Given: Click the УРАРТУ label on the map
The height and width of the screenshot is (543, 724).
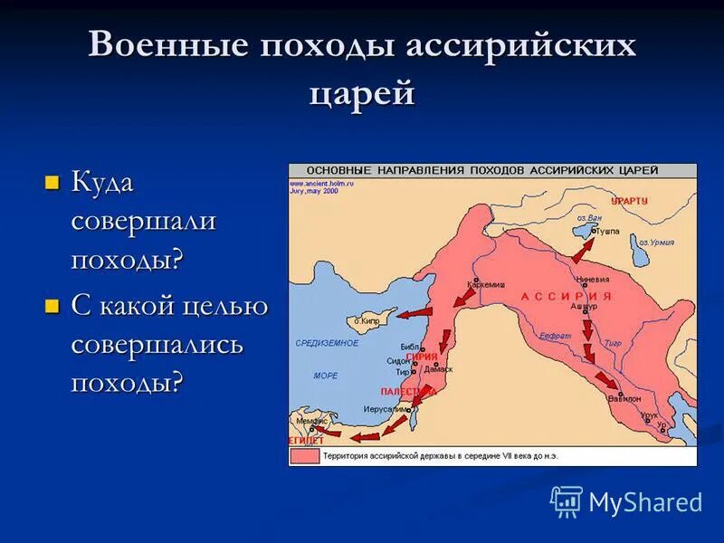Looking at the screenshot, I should (629, 201).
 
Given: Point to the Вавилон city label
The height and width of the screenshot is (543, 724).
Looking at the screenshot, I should (624, 398).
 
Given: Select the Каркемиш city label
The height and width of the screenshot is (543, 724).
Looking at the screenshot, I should (485, 284).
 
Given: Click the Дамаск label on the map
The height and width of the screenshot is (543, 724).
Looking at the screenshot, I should (438, 370).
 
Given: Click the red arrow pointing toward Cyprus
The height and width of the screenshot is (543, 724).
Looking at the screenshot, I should (415, 313).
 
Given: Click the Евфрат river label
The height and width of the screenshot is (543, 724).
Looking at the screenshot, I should (555, 335).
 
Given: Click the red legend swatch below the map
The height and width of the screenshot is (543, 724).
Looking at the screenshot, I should (305, 456).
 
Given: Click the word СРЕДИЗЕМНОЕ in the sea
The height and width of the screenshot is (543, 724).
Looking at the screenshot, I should (327, 343).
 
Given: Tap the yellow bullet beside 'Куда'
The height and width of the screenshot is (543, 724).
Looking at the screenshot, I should (52, 182).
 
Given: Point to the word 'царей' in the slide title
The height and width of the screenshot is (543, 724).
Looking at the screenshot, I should (362, 92).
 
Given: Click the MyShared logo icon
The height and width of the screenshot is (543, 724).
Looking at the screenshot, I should (567, 501).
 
